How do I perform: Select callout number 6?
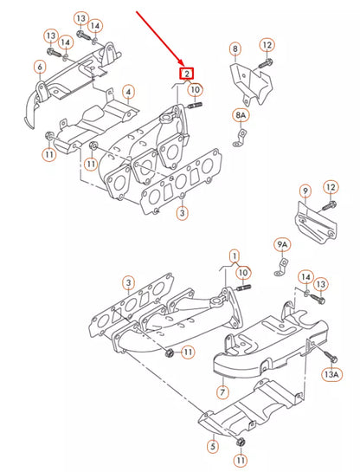(40, 67)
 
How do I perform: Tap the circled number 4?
(127, 90)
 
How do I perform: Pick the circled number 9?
(304, 190)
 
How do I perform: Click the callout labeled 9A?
(282, 244)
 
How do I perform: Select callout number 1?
(234, 255)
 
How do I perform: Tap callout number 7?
(222, 376)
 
